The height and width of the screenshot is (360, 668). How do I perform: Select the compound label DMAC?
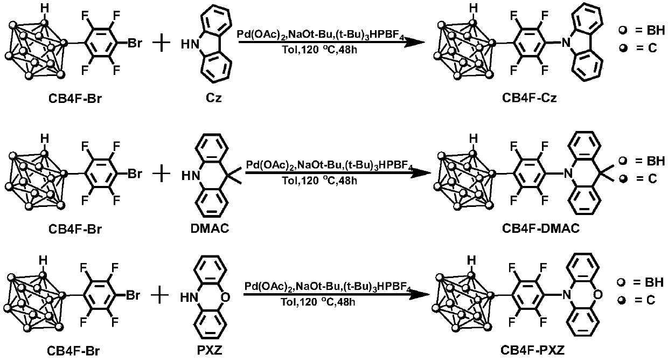pyautogui.click(x=211, y=229)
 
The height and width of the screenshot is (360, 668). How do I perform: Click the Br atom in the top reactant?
pyautogui.click(x=135, y=41)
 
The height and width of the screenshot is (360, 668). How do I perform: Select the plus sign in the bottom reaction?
pyautogui.click(x=160, y=295)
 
